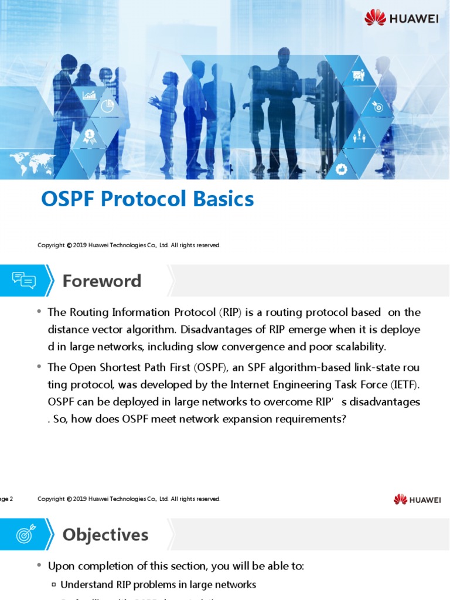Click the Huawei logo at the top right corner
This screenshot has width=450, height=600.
point(401,18)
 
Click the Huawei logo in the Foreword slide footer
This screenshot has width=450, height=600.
point(417,499)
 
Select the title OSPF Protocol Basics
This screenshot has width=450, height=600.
point(147,200)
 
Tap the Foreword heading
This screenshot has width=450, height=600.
point(102,281)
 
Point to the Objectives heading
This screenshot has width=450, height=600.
point(105,535)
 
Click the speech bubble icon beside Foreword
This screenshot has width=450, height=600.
point(24,281)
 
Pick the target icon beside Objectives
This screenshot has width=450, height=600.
point(25,534)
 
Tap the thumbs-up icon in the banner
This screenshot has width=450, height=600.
point(342,169)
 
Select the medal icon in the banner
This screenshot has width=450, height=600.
point(89,137)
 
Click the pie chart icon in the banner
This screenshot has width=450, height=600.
point(107,105)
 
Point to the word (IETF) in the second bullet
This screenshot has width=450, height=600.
point(404,385)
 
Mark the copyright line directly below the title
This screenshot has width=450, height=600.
point(129,246)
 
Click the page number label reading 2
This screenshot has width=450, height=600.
point(6,499)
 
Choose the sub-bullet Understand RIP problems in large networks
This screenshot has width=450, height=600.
point(158,585)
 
